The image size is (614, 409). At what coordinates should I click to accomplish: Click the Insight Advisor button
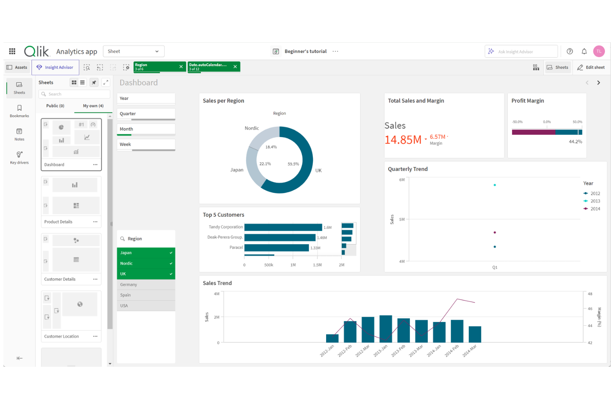click(55, 68)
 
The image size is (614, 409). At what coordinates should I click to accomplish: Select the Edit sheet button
click(591, 68)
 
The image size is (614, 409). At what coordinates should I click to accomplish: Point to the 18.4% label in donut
click(271, 147)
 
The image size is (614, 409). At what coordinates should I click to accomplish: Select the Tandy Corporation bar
click(283, 227)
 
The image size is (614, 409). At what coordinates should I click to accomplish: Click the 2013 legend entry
click(595, 201)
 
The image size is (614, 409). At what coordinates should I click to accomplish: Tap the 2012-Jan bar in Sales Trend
click(332, 338)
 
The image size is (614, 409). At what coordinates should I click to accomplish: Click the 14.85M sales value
click(403, 140)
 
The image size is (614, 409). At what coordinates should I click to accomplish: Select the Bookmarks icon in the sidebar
click(19, 111)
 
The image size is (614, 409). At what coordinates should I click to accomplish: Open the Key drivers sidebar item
click(19, 157)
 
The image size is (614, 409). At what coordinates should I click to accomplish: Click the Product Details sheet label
click(58, 222)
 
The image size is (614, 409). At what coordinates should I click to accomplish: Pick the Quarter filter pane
click(146, 114)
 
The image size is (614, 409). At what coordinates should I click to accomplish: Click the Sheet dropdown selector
click(133, 51)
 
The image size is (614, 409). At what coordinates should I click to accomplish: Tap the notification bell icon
click(584, 51)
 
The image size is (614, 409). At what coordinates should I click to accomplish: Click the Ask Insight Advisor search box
click(521, 51)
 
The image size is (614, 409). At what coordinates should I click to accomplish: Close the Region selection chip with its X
click(181, 67)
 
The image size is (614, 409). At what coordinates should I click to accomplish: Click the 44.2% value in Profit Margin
click(575, 142)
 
